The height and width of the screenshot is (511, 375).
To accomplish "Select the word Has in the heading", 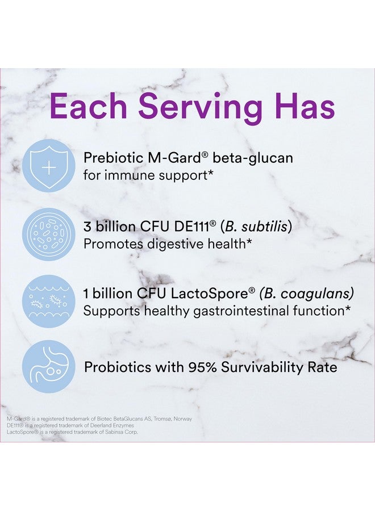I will coord(302,107).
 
